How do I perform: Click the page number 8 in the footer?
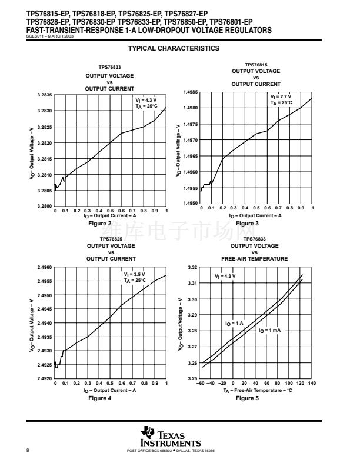pos(28,450)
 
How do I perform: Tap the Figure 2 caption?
pos(99,224)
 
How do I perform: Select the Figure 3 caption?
pos(248,224)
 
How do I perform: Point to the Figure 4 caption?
pos(99,398)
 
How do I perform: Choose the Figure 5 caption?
pos(247,398)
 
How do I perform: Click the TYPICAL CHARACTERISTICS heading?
pos(174,48)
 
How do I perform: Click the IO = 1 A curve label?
pos(234,323)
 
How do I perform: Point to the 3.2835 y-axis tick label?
pos(45,95)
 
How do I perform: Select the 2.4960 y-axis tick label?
pos(45,267)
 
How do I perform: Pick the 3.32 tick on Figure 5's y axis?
pos(192,267)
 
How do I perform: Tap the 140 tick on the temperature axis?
pos(312,383)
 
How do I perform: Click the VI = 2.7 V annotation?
pos(281,96)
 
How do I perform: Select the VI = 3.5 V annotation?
pos(134,274)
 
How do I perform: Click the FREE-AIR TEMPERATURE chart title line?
pos(255,258)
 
